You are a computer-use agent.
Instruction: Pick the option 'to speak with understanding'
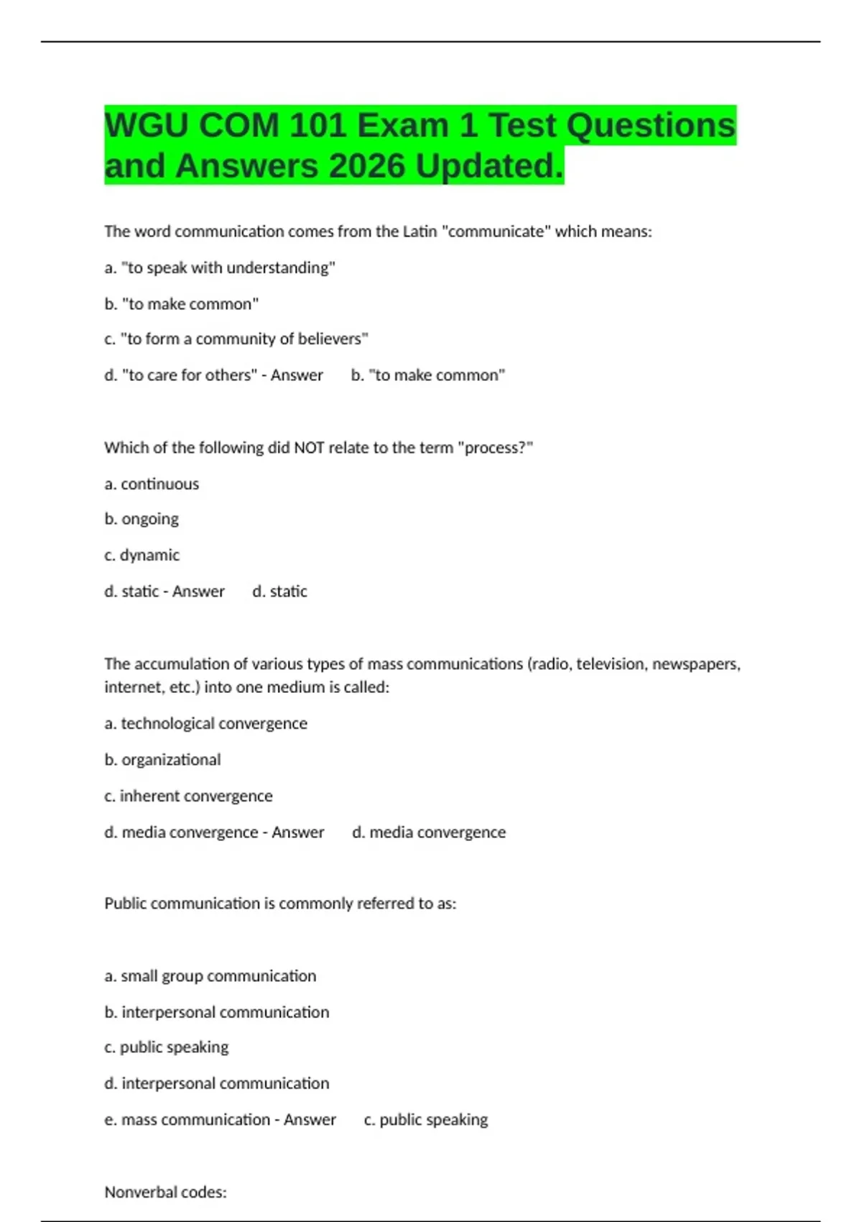click(220, 268)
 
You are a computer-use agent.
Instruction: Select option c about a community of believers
click(236, 339)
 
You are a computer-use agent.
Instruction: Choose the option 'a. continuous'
click(152, 484)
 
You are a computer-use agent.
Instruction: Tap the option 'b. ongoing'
click(142, 519)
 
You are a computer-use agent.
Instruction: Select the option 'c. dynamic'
click(142, 555)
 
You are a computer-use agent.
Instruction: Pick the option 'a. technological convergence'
click(205, 723)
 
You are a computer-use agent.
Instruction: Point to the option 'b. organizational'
click(162, 760)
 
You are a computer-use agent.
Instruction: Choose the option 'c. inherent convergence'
click(188, 796)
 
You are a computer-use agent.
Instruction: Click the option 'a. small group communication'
click(210, 976)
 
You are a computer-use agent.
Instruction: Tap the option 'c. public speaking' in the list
click(166, 1047)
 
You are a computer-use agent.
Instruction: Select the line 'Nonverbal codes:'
click(165, 1192)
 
